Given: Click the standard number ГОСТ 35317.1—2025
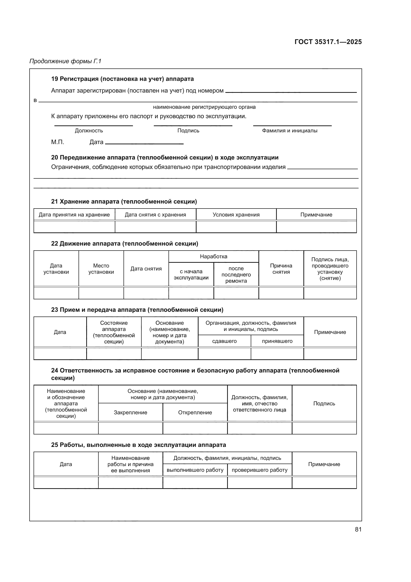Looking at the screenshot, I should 328,42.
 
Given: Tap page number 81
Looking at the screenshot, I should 358,529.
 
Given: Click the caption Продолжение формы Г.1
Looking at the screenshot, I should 65,61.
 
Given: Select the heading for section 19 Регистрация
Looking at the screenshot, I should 122,79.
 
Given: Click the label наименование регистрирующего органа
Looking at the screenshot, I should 204,107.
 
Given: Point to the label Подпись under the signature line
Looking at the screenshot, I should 188,131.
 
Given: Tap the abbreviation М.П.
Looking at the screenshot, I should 57,142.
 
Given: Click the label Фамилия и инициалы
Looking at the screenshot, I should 289,131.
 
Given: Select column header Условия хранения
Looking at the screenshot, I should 236,215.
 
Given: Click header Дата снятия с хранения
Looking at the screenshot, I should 155,215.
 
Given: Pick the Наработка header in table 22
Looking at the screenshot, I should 213,256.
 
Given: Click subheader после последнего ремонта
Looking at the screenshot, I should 236,274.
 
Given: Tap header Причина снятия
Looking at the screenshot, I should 281,269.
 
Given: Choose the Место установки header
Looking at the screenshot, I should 101,269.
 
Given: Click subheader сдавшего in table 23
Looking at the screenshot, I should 224,341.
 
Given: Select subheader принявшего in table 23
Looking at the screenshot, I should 277,341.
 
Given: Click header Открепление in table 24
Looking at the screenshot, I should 195,412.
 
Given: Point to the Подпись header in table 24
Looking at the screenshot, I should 324,404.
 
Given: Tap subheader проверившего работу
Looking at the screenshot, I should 259,470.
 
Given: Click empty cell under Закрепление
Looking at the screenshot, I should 130,428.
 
